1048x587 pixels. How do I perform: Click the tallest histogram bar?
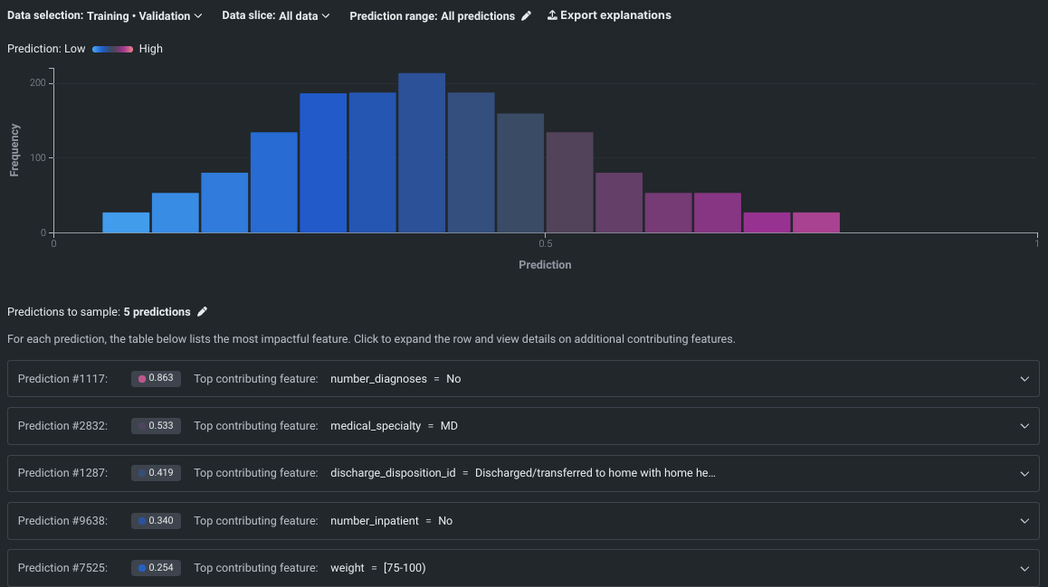point(422,153)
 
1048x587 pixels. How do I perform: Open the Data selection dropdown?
point(106,15)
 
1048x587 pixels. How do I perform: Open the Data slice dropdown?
point(276,15)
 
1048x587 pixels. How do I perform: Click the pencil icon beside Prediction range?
point(526,15)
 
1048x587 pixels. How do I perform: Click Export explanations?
point(609,15)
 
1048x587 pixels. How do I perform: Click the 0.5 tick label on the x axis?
point(545,242)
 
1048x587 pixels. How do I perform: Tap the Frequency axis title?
point(15,149)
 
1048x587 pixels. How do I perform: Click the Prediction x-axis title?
point(545,265)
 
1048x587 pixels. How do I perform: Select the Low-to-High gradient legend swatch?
point(112,49)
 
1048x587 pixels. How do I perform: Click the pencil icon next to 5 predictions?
point(203,312)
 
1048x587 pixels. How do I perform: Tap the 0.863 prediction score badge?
point(156,379)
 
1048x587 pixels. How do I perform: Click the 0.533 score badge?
point(156,426)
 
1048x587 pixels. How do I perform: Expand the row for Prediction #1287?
point(1024,473)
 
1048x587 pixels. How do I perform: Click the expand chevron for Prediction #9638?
point(1024,521)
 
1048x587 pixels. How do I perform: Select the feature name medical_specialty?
point(376,426)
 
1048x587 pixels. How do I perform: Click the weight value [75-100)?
point(405,568)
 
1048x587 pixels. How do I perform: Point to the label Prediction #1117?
point(62,379)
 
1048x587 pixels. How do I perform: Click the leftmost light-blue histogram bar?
point(126,222)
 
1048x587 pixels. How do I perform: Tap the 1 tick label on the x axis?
point(1036,242)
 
